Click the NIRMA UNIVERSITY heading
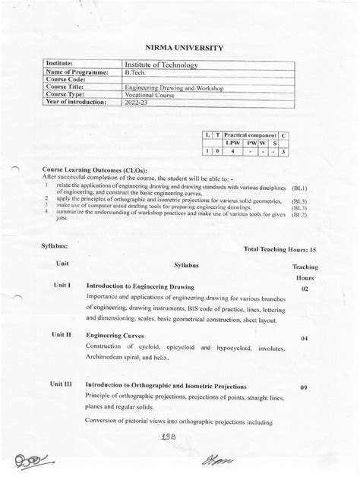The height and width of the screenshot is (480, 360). tap(179, 49)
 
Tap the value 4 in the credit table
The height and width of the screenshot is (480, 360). tap(232, 152)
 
